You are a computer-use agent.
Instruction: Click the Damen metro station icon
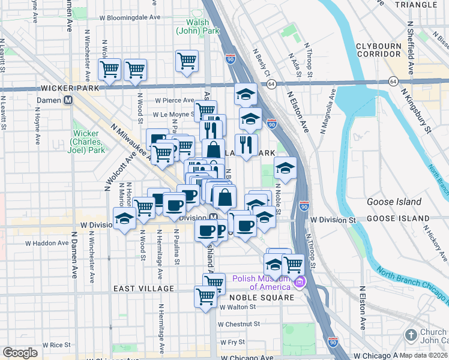pyautogui.click(x=68, y=101)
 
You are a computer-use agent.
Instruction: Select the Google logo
pyautogui.click(x=20, y=352)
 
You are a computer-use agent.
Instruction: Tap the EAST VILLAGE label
pyautogui.click(x=143, y=289)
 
